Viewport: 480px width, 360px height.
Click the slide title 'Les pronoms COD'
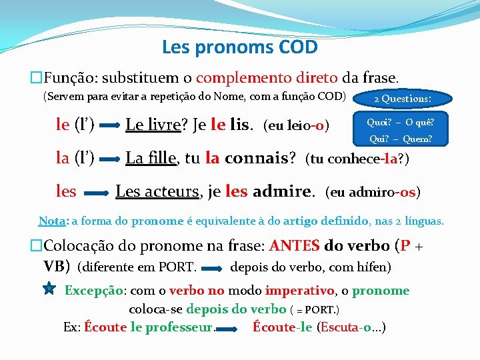[x=239, y=48]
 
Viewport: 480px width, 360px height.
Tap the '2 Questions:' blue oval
[x=402, y=99]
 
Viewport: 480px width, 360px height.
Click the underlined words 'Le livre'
[x=151, y=124]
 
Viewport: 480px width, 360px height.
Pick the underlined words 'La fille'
[x=151, y=158]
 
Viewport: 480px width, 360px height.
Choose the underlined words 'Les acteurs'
[x=158, y=192]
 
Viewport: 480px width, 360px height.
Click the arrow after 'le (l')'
[x=110, y=125]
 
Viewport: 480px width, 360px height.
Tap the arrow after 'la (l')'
[x=110, y=159]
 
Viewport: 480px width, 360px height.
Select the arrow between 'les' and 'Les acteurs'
[x=96, y=193]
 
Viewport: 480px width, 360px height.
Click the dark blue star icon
[x=49, y=289]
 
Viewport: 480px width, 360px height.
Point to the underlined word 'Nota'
[x=51, y=221]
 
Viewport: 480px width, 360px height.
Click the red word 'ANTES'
[x=295, y=245]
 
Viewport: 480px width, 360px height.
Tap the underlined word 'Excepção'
[x=94, y=291]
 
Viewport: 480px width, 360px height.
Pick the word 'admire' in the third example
[x=283, y=192]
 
